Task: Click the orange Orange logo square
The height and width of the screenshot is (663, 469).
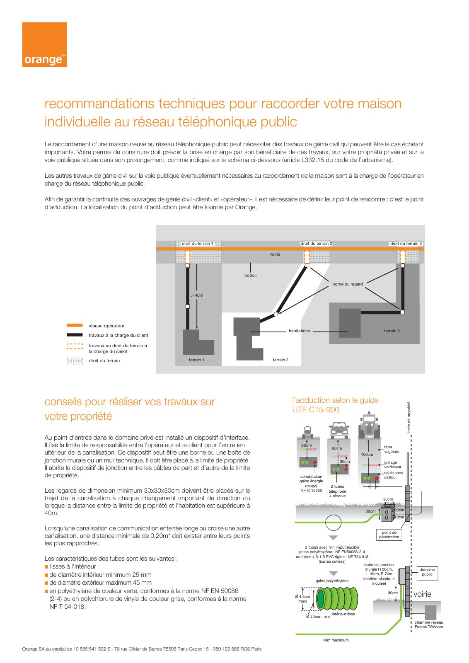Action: (x=44, y=44)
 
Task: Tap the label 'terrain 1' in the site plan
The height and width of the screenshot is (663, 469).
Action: (x=196, y=360)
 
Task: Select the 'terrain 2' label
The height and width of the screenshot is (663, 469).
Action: (x=280, y=360)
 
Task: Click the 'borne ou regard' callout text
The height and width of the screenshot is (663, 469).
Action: (x=347, y=284)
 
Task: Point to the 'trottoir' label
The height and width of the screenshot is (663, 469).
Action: (x=250, y=275)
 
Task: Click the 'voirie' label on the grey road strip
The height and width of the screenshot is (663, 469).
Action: (x=275, y=254)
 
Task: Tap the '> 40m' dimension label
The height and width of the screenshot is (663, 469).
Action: (x=197, y=295)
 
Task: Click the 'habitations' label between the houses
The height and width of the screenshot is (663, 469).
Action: (x=299, y=331)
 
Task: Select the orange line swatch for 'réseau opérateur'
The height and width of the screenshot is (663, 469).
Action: (x=75, y=325)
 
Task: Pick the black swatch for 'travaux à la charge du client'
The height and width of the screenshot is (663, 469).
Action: (x=75, y=335)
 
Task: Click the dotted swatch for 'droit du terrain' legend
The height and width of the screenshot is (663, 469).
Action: (x=75, y=361)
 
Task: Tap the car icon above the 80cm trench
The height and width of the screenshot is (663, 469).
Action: (x=339, y=431)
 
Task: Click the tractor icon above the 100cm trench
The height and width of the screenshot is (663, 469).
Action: (x=369, y=424)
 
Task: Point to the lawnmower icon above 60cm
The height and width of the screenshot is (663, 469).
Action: (x=308, y=433)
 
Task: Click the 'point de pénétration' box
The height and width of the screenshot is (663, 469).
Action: (x=389, y=535)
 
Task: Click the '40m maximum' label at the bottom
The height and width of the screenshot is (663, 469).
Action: (x=336, y=640)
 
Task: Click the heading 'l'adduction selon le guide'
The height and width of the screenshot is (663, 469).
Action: (x=335, y=400)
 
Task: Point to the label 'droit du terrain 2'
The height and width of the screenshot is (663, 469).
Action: (x=316, y=244)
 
